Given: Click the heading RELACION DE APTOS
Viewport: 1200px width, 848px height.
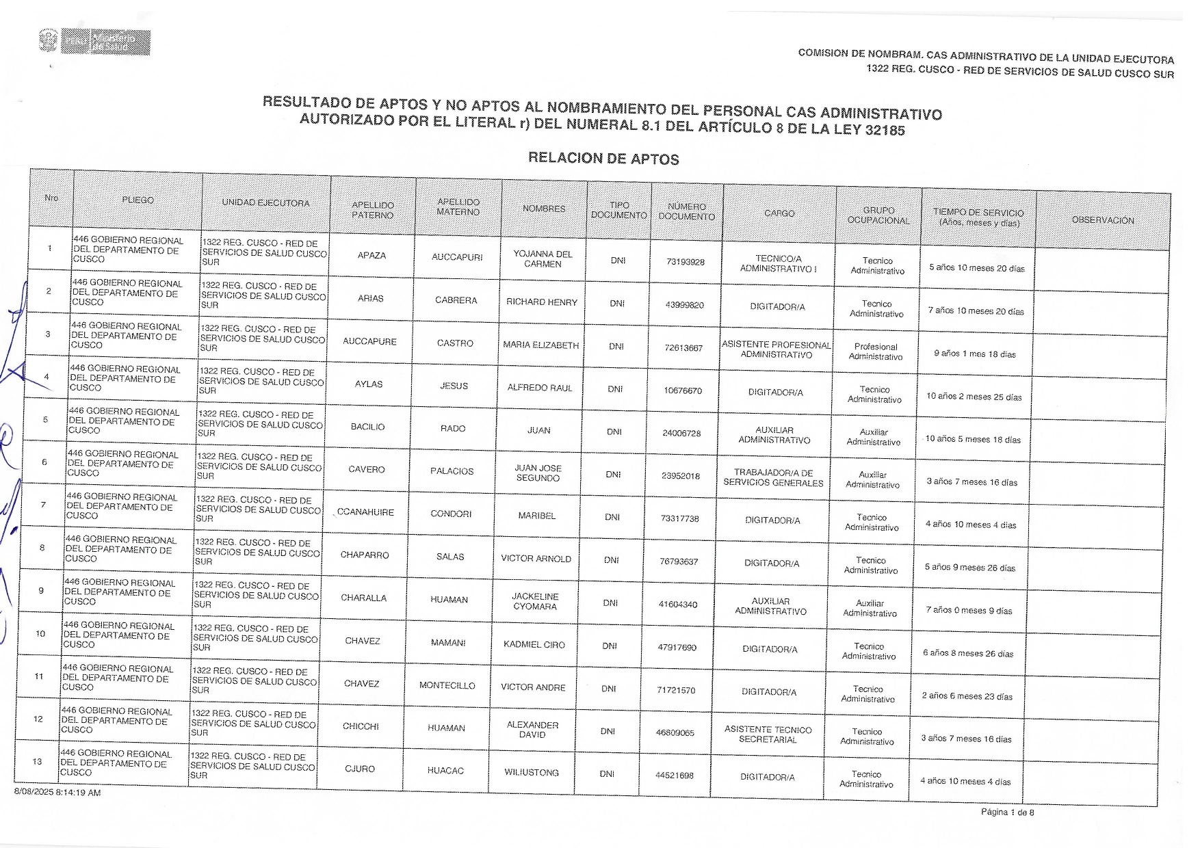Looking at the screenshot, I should click(x=603, y=159).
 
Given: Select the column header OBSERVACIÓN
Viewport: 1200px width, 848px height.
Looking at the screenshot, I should click(x=1102, y=220).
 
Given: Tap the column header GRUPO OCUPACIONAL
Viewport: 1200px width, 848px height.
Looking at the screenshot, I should click(x=878, y=215).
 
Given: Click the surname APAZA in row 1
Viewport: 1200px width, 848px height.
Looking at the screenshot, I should click(x=371, y=256).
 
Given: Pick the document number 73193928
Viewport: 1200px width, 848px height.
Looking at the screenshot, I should click(x=685, y=262).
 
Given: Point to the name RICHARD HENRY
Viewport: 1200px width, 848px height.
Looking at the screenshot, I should click(x=542, y=302).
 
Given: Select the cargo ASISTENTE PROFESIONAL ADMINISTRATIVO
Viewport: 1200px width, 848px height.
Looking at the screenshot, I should click(x=777, y=349).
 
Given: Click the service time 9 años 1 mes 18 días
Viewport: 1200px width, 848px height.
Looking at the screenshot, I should click(x=974, y=354).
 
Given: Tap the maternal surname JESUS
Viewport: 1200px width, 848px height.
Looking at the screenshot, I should click(x=454, y=386).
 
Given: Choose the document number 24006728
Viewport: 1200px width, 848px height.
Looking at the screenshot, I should click(x=681, y=434).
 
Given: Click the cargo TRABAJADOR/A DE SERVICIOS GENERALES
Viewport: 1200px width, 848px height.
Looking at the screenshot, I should click(x=773, y=478).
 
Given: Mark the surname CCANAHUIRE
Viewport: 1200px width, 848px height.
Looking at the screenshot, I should click(x=365, y=512).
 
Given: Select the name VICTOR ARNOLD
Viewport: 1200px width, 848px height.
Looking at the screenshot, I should click(x=536, y=559).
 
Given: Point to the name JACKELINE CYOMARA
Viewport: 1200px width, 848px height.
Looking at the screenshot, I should click(x=535, y=602).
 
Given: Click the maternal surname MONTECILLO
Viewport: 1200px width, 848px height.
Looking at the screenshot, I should click(x=447, y=685).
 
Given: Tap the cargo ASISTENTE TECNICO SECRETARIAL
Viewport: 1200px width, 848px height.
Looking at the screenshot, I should click(x=768, y=734).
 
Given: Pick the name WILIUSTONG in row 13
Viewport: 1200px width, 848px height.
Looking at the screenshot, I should click(x=532, y=773).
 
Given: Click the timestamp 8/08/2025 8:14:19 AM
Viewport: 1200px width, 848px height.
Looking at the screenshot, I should click(x=57, y=793).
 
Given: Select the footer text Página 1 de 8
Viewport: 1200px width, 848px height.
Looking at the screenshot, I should click(x=1007, y=812).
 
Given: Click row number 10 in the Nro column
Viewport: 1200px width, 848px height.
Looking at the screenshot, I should click(x=40, y=634).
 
